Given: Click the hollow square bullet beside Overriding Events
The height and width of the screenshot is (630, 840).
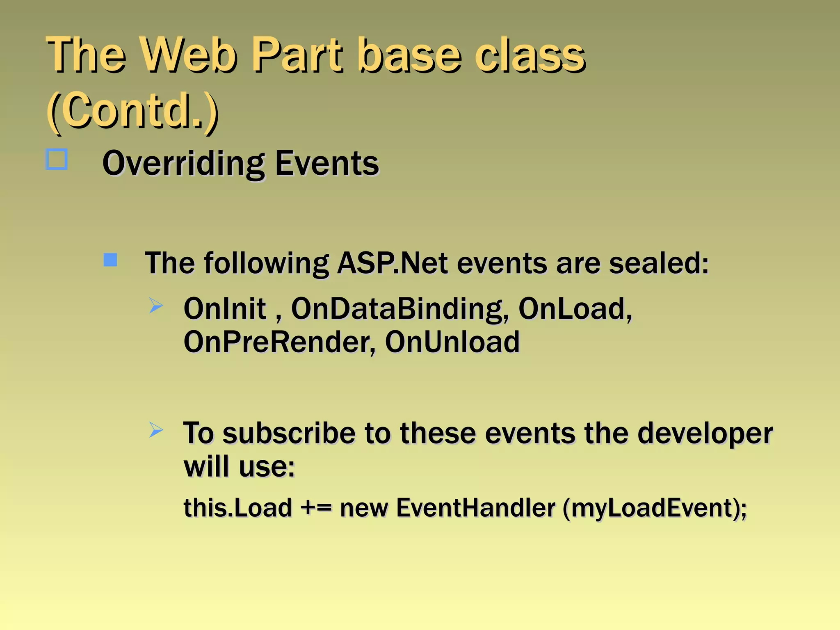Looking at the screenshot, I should click(57, 160).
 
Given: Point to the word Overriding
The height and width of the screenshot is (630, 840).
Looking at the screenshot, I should click(183, 164).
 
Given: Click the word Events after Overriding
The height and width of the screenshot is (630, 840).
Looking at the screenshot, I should click(327, 164).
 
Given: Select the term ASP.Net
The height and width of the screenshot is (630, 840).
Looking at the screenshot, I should click(392, 263).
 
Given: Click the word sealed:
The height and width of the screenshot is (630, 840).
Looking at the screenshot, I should click(659, 263).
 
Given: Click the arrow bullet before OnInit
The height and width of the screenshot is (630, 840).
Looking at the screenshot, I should click(156, 306).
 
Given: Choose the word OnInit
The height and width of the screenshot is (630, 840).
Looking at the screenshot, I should click(225, 308).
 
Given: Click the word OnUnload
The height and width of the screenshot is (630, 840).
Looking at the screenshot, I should click(452, 342).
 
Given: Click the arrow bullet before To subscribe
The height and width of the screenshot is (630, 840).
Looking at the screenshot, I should click(156, 430).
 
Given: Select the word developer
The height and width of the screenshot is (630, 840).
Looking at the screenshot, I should click(705, 434).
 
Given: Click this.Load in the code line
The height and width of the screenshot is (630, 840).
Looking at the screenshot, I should click(237, 508).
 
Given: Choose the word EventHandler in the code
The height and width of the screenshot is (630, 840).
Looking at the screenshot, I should click(476, 508).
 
